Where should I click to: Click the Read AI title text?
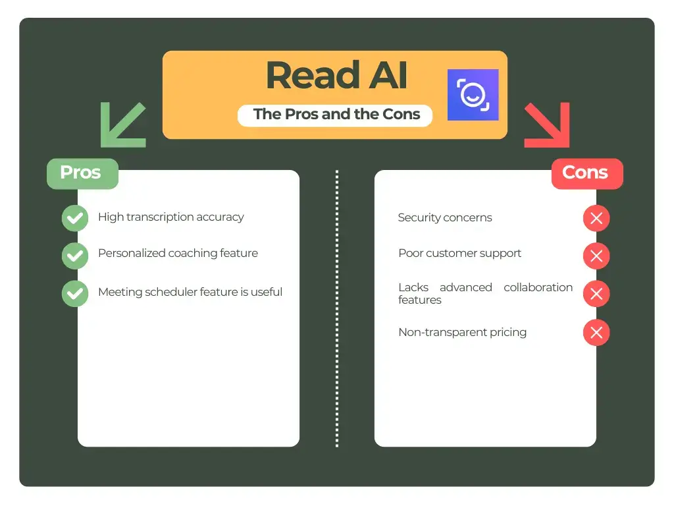336,75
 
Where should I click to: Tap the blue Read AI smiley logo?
473,95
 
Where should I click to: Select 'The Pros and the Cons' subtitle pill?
336,115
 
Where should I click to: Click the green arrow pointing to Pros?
122,125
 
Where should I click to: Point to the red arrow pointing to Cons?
547,125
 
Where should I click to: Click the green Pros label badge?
82,173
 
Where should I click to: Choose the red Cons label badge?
586,173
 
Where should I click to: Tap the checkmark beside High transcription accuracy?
75,218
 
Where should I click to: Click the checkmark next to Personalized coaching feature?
75,256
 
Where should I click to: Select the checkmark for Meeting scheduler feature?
75,294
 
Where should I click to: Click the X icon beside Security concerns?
596,218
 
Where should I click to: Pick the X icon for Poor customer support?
596,256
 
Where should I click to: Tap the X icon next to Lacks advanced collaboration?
596,294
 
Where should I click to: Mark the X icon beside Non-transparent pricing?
596,333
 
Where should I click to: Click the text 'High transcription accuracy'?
171,217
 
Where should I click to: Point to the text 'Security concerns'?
445,217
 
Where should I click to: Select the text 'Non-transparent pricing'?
462,332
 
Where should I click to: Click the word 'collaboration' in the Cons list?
538,287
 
